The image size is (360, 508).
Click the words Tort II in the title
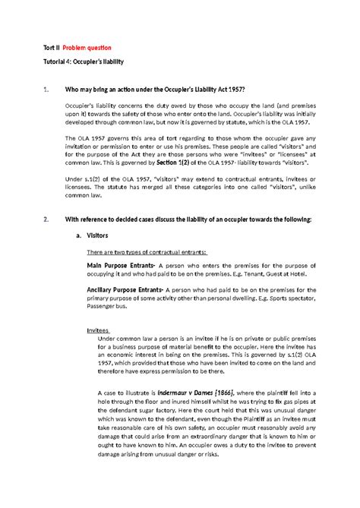[x=50, y=47]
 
